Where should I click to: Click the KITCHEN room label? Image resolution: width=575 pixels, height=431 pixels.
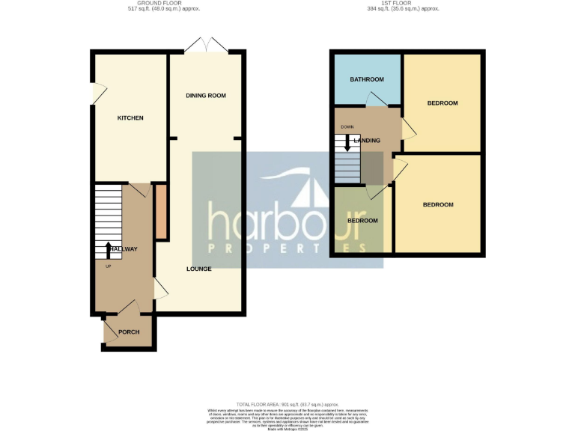[130, 118]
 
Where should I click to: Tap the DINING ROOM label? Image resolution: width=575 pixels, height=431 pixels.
[206, 96]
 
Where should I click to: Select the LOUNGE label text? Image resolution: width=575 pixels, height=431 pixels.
[199, 269]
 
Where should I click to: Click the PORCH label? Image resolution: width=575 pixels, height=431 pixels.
[129, 332]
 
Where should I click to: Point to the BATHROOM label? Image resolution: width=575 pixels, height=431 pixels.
[367, 80]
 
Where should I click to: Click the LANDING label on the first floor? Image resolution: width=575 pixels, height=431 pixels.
[367, 141]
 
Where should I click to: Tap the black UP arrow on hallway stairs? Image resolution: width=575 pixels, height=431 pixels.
[108, 248]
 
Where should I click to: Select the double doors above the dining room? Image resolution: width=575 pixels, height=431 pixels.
[206, 45]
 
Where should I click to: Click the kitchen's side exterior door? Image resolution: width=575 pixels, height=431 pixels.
[96, 93]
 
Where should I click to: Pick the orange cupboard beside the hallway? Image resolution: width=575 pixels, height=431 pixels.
[160, 213]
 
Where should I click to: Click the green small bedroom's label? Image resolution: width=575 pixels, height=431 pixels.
[362, 221]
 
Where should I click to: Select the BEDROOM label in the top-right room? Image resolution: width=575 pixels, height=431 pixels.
[442, 103]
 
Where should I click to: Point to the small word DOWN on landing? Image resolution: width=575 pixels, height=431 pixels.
[347, 127]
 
